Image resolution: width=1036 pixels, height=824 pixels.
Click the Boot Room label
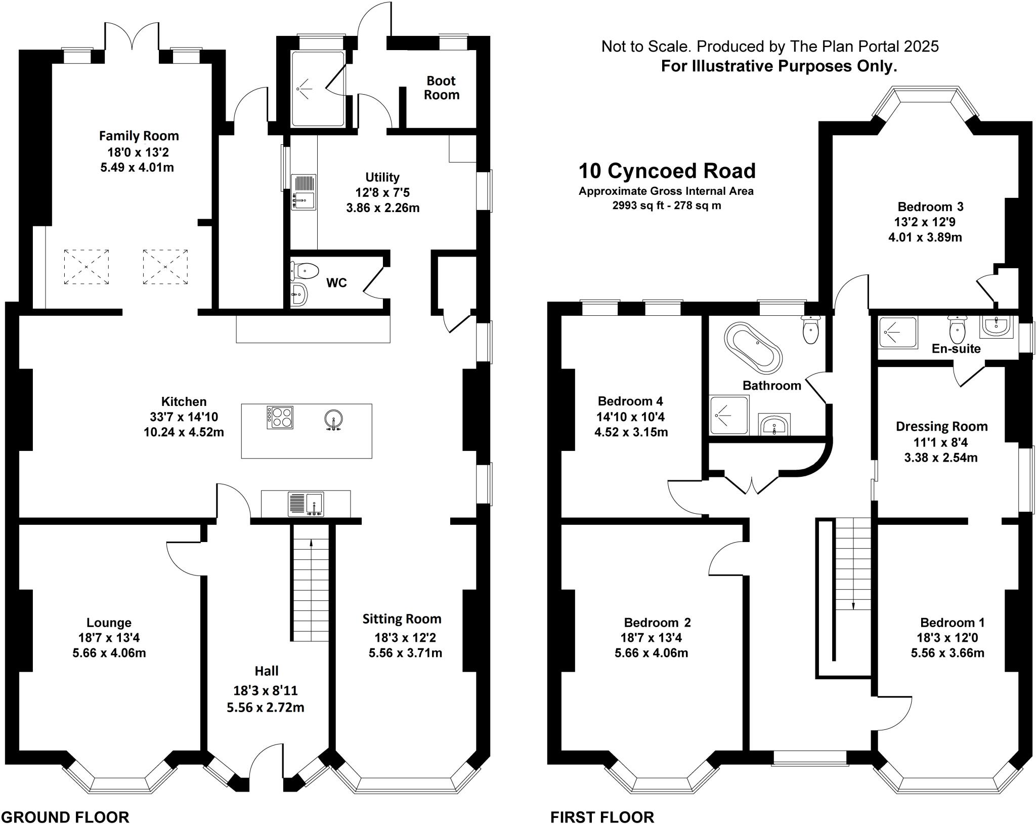[441, 88]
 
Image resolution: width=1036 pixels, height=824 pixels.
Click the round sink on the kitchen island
[334, 419]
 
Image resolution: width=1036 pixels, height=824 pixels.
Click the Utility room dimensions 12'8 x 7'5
[382, 192]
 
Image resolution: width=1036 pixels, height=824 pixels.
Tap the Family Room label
[139, 136]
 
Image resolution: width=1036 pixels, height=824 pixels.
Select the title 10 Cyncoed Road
[667, 171]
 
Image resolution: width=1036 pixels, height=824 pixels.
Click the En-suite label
[956, 349]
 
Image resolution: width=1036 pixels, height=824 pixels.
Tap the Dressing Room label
[941, 426]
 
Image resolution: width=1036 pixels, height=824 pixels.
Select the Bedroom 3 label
[930, 207]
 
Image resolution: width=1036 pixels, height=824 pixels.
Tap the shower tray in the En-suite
[898, 332]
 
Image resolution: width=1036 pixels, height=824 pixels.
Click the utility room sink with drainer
[304, 192]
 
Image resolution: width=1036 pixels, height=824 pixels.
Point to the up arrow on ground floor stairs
[311, 544]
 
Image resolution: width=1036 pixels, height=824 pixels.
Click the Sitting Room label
[402, 619]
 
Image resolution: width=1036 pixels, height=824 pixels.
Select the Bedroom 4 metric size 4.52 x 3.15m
[631, 432]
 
